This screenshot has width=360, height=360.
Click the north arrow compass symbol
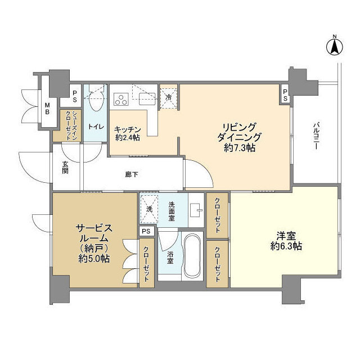334,46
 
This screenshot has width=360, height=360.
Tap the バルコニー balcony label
316,136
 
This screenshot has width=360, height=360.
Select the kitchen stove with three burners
121,100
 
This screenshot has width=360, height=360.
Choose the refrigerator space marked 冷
168,96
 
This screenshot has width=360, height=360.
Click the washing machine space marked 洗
149,209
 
